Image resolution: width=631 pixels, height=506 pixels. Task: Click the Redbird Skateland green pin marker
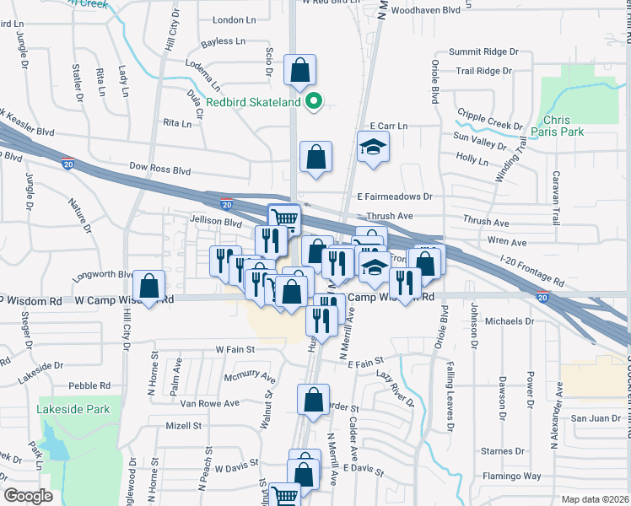[314, 102]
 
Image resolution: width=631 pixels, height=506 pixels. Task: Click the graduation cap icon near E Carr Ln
[371, 148]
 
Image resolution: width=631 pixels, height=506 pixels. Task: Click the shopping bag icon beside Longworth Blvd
[149, 285]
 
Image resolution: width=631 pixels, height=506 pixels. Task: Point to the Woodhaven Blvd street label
[432, 10]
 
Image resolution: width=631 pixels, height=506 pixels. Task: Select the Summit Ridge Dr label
[484, 51]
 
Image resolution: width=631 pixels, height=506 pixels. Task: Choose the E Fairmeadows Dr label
[393, 196]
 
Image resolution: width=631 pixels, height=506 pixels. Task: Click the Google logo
[28, 496]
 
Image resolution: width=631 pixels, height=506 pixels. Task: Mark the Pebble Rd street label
[89, 385]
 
